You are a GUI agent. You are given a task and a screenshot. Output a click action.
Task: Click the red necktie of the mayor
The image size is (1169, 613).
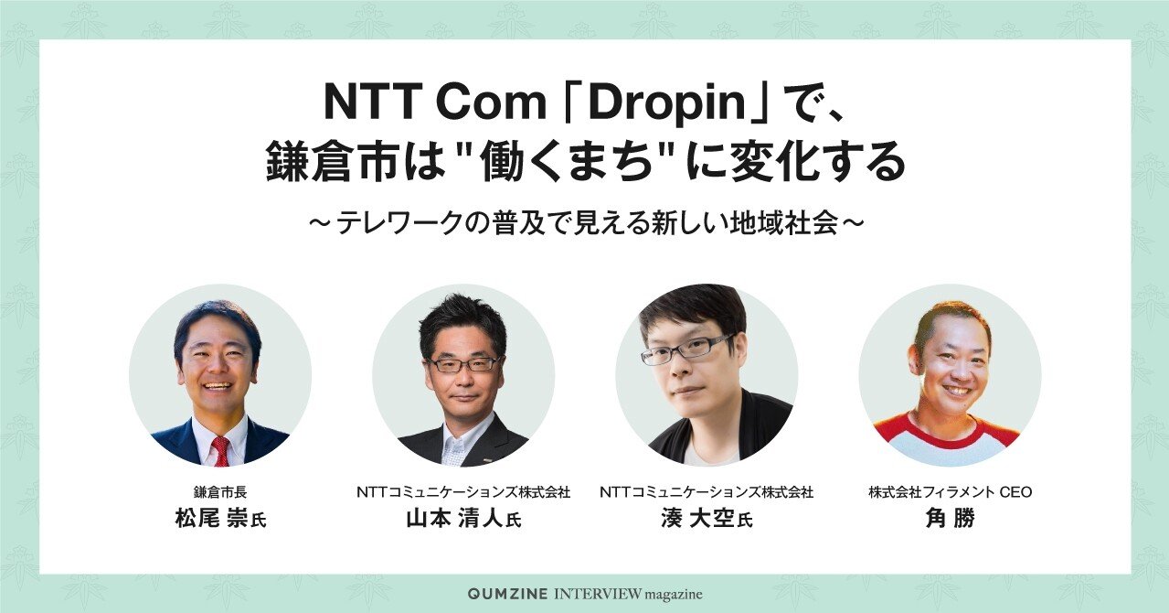tap(220, 451)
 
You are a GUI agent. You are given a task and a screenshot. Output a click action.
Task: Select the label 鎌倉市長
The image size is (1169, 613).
tap(219, 491)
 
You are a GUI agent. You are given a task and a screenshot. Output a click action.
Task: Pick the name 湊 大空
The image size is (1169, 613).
tap(697, 520)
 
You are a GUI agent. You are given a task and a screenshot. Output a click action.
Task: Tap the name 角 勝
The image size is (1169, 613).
tap(950, 520)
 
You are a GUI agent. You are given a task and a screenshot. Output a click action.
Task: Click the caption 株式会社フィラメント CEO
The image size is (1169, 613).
tap(950, 491)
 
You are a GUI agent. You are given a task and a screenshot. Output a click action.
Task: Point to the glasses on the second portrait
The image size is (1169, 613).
tap(463, 364)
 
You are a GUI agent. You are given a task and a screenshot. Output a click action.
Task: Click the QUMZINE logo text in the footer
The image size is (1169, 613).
tap(508, 594)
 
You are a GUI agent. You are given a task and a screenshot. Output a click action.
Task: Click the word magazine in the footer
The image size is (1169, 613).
tap(674, 595)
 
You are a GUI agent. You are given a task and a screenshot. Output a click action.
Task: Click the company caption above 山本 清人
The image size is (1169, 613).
tap(463, 491)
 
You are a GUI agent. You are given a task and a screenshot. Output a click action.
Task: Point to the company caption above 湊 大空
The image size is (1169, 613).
tap(707, 491)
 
